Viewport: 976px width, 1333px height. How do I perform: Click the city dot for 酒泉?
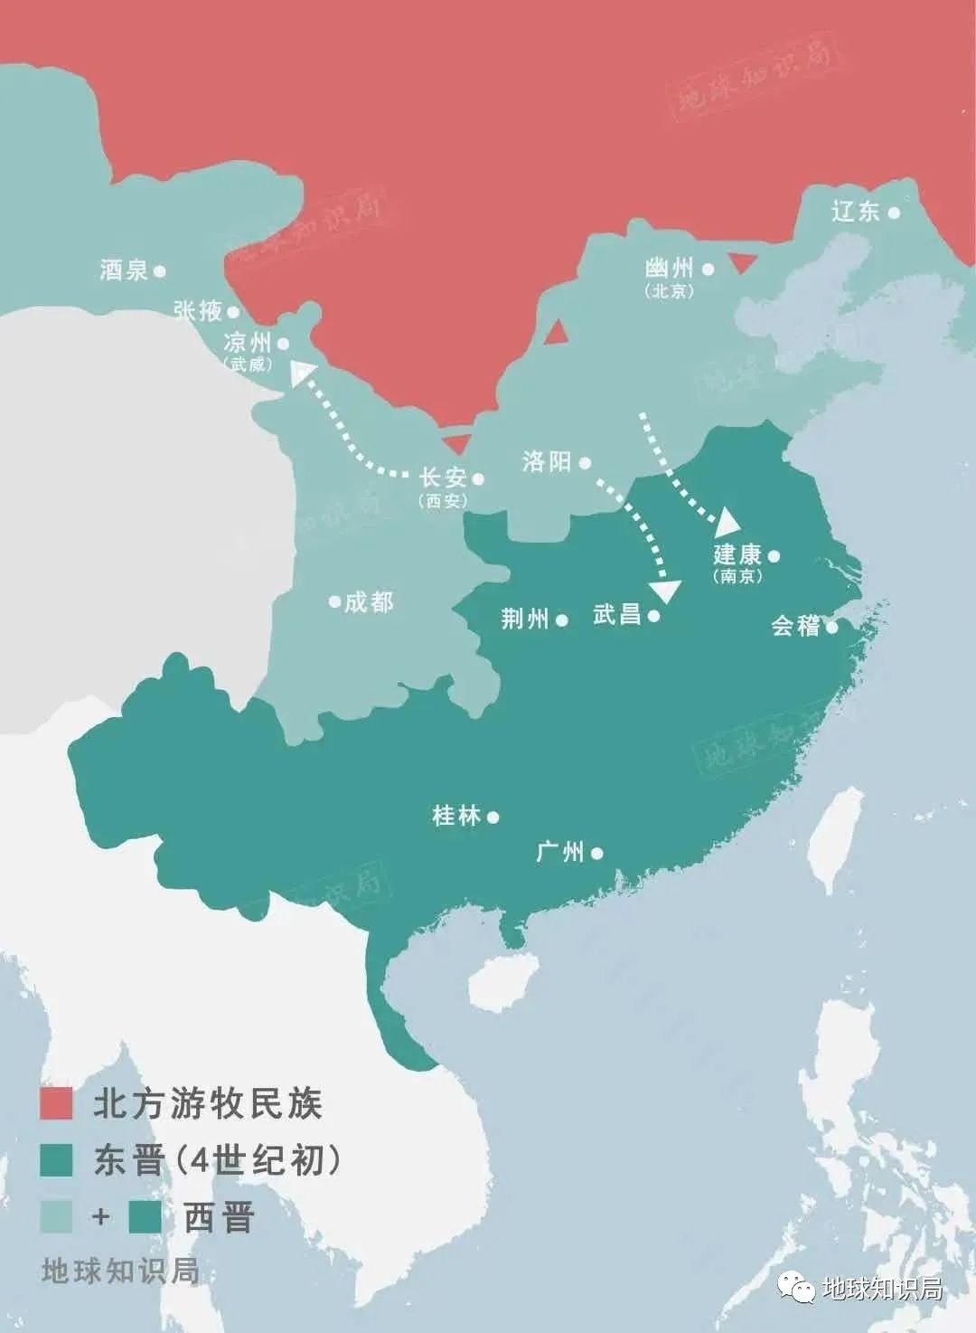(160, 270)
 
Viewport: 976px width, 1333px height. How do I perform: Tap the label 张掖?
(198, 311)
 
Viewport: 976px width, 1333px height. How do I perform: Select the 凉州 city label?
(247, 344)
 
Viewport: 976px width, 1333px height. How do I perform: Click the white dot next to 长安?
(478, 479)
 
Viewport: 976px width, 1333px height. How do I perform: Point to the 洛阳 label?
(547, 462)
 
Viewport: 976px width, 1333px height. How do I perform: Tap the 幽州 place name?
(669, 269)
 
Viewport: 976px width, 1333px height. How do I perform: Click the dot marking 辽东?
(893, 213)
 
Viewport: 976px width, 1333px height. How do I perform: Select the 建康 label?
(737, 555)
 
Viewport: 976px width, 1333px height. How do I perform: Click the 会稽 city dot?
(831, 626)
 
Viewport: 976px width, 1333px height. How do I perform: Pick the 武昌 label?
(617, 615)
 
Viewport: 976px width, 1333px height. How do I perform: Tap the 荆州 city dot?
(562, 620)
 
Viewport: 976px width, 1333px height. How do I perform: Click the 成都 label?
(368, 602)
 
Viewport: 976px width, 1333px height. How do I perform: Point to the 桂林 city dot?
(493, 817)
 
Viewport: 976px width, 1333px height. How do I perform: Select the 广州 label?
(560, 852)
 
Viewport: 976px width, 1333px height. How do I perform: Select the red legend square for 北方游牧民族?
(56, 1104)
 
